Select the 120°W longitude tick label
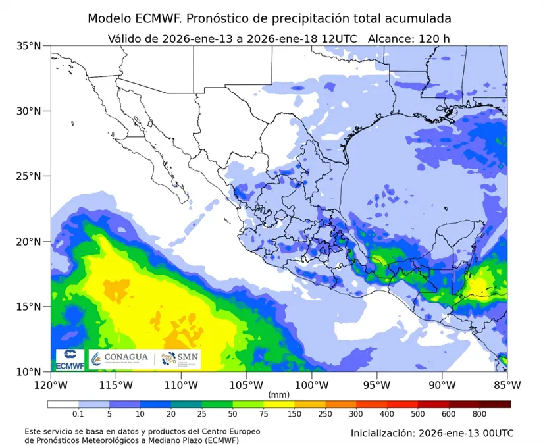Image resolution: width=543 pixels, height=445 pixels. point(51,384)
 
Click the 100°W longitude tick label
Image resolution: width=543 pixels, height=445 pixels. point(311,384)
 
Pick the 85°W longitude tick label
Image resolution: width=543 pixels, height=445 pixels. point(506,384)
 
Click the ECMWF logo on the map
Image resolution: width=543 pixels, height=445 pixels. point(69,359)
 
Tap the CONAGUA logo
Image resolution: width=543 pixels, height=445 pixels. point(120,359)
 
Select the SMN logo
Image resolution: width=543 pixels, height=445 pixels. point(180,359)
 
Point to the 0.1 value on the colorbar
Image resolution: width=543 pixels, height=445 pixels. point(78,415)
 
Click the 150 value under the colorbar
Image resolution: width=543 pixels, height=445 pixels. point(294,415)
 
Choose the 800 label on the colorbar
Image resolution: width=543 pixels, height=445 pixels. point(479,415)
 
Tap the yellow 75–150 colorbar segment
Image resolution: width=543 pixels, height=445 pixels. point(278,404)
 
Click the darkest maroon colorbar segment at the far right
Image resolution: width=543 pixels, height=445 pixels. point(495,404)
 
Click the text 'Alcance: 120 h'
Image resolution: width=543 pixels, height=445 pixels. point(409,38)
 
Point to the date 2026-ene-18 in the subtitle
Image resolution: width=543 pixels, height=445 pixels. point(285,38)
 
